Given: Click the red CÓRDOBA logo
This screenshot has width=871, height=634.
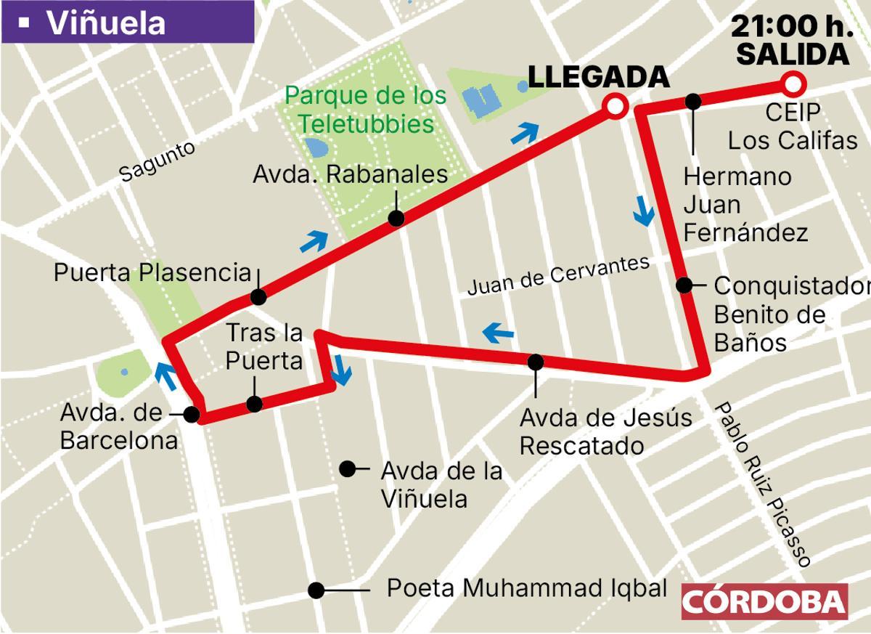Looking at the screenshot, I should tap(764, 601).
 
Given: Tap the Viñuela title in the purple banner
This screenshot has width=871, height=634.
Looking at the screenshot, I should tap(105, 23).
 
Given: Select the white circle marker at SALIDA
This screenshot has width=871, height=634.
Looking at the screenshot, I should tap(793, 84).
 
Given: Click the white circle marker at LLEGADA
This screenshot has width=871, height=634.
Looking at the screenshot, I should tap(615, 107).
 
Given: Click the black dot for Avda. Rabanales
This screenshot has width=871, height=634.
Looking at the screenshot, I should tap(396, 218).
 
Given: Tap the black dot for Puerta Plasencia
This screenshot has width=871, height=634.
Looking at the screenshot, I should tap(258, 297).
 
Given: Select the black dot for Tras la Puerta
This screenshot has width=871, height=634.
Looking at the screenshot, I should tap(254, 405).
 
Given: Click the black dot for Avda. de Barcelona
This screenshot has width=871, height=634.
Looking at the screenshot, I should tap(192, 414).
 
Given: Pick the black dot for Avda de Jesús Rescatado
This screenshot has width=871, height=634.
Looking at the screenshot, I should tap(536, 361).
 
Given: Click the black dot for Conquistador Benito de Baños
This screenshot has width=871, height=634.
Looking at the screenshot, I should tap(684, 285).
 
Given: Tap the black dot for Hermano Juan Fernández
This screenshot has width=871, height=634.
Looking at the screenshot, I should tap(693, 101).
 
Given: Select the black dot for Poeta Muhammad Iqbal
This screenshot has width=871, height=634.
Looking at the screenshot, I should tap(316, 590).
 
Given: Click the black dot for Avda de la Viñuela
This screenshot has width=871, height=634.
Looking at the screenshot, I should tap(348, 469).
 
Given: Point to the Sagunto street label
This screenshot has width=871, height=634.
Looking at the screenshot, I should tap(158, 160).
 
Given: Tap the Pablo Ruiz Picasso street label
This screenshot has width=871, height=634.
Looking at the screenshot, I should tap(761, 484).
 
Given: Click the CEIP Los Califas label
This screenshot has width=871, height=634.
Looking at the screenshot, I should tap(793, 126).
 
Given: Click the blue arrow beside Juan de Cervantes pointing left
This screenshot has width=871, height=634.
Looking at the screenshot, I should tap(499, 333).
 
